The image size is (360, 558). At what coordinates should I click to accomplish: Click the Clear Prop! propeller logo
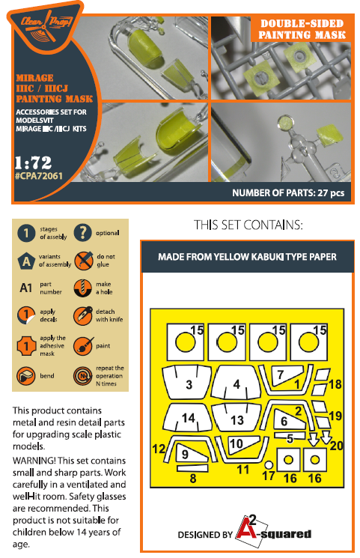[46, 27]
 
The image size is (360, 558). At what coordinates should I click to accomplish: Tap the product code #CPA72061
[39, 176]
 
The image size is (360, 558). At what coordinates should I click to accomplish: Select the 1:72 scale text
[33, 163]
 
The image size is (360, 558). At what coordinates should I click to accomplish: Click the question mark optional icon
[82, 233]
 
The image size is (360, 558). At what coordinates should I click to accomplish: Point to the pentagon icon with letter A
[26, 261]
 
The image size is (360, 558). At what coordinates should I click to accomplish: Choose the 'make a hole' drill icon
[83, 288]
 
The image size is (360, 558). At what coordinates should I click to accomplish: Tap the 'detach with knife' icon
[83, 315]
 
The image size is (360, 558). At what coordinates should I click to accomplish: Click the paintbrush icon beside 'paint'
[83, 346]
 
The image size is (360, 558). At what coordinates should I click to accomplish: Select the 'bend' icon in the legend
[26, 376]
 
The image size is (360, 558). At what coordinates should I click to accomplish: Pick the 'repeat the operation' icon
[83, 376]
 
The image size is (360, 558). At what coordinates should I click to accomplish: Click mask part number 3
[186, 381]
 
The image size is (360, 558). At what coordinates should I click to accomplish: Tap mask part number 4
[235, 382]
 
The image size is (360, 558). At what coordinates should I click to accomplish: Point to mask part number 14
[187, 418]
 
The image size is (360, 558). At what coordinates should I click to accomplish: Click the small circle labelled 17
[269, 465]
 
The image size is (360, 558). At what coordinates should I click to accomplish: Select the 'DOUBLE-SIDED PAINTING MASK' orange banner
[302, 29]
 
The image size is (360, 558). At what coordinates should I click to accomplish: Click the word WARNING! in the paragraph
[34, 461]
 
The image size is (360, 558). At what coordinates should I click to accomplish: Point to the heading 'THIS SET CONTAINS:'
[248, 225]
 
